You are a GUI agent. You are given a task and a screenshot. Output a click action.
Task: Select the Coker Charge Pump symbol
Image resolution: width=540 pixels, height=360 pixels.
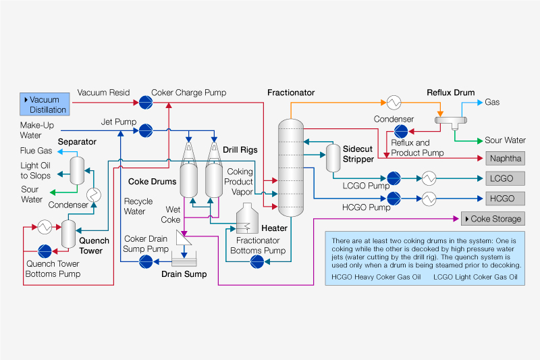[144, 102]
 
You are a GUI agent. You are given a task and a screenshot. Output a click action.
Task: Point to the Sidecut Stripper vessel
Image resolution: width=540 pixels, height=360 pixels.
[332, 158]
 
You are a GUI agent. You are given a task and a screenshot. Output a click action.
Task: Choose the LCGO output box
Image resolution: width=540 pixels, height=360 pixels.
[505, 179]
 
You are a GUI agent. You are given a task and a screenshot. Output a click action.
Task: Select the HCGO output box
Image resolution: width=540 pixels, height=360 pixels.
[505, 199]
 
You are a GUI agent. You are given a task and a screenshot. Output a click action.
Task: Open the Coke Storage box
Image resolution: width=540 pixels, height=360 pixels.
[492, 219]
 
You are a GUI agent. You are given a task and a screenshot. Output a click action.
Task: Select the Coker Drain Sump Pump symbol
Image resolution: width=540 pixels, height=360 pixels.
[144, 262]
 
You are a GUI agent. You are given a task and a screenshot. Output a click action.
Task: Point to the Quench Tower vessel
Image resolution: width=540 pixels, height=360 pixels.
[68, 233]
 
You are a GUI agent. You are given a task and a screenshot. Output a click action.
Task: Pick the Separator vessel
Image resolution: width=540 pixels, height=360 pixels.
[78, 169]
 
